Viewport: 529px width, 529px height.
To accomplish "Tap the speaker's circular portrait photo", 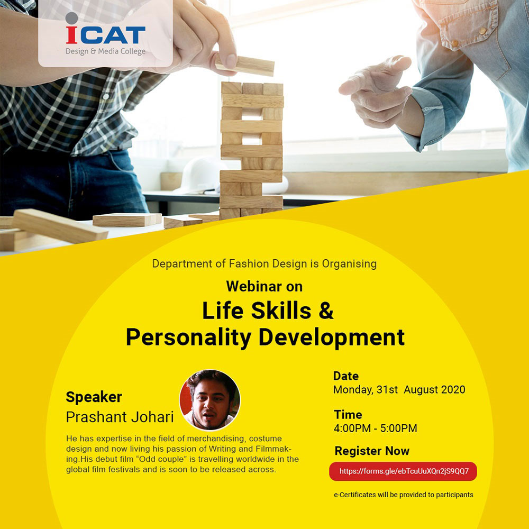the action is (x=210, y=400).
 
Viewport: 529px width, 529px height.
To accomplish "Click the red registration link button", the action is (x=403, y=471).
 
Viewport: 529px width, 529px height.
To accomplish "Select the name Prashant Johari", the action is (x=120, y=417).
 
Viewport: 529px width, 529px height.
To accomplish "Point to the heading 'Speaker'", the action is (x=94, y=397).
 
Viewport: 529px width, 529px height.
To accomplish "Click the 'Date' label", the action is (x=346, y=376).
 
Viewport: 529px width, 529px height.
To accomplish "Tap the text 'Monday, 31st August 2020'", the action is (x=399, y=390).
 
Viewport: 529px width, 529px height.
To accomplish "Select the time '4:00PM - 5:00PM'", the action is (x=375, y=428).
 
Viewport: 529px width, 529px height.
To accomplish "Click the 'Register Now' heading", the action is (x=372, y=451).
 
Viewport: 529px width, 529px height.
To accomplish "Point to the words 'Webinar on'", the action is (x=264, y=286).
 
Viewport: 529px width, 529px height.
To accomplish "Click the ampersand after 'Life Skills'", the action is (x=326, y=311).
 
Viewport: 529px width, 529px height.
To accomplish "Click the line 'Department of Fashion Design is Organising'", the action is (x=264, y=263).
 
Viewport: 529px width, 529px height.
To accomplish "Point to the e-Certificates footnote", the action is (x=404, y=495).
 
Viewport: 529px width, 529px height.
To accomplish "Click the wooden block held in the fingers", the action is (x=245, y=65).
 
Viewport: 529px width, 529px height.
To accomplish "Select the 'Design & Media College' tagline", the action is (x=106, y=51).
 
